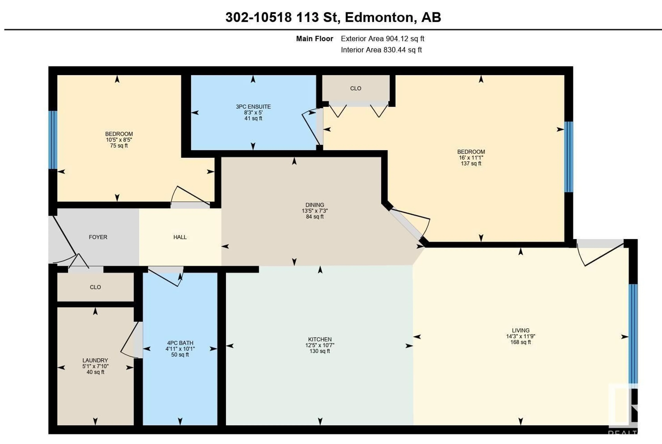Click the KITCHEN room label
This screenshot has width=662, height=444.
pos(320,339)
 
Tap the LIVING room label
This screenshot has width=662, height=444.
pos(520,330)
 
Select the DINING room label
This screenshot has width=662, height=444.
pos(315,205)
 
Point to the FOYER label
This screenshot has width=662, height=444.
pos(98,237)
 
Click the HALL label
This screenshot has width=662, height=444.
pos(180,237)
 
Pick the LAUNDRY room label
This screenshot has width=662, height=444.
pos(95,360)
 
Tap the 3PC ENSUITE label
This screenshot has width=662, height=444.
pos(253,106)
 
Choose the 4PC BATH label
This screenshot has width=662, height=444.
pos(180,343)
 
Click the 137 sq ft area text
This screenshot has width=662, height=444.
pos(471,163)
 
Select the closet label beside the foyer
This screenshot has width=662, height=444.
pos(95,287)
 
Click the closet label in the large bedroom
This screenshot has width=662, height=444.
pos(355,88)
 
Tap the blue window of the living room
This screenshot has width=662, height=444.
pos(633,334)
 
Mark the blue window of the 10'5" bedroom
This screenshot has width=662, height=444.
pos(53,140)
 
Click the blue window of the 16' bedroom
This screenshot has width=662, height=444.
pos(568,157)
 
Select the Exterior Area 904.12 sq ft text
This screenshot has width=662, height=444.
pos(382,39)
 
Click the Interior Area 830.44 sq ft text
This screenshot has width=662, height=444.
pos(381,50)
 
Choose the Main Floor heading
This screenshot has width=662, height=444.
pos(315,39)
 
